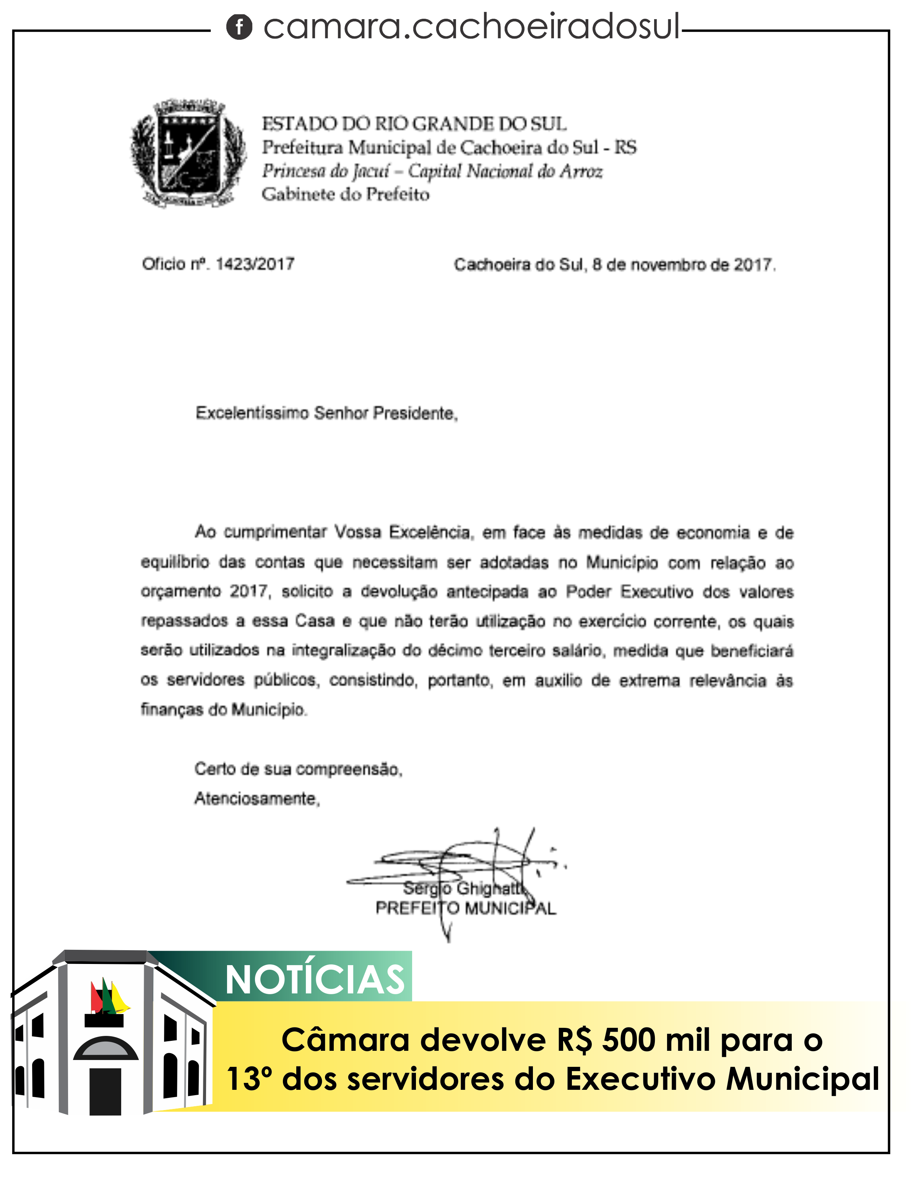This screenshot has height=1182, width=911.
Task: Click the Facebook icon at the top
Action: click(x=239, y=27)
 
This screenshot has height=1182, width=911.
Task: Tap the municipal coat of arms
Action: click(x=188, y=153)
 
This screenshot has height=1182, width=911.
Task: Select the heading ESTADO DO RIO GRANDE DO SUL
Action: click(x=414, y=124)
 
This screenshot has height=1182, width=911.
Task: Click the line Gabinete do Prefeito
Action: click(x=345, y=194)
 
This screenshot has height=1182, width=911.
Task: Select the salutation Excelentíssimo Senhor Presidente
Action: click(x=326, y=414)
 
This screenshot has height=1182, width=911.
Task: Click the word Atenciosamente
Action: click(x=257, y=798)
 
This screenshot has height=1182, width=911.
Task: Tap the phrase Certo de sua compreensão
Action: click(x=298, y=769)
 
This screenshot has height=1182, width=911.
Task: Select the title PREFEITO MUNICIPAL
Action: click(x=465, y=908)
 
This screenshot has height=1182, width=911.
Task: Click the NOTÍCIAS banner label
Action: click(x=315, y=980)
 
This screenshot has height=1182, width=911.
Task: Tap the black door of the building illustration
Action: click(x=105, y=1091)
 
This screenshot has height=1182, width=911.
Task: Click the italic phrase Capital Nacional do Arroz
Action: click(x=505, y=171)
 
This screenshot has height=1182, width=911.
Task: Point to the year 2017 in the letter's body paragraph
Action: click(x=249, y=591)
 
